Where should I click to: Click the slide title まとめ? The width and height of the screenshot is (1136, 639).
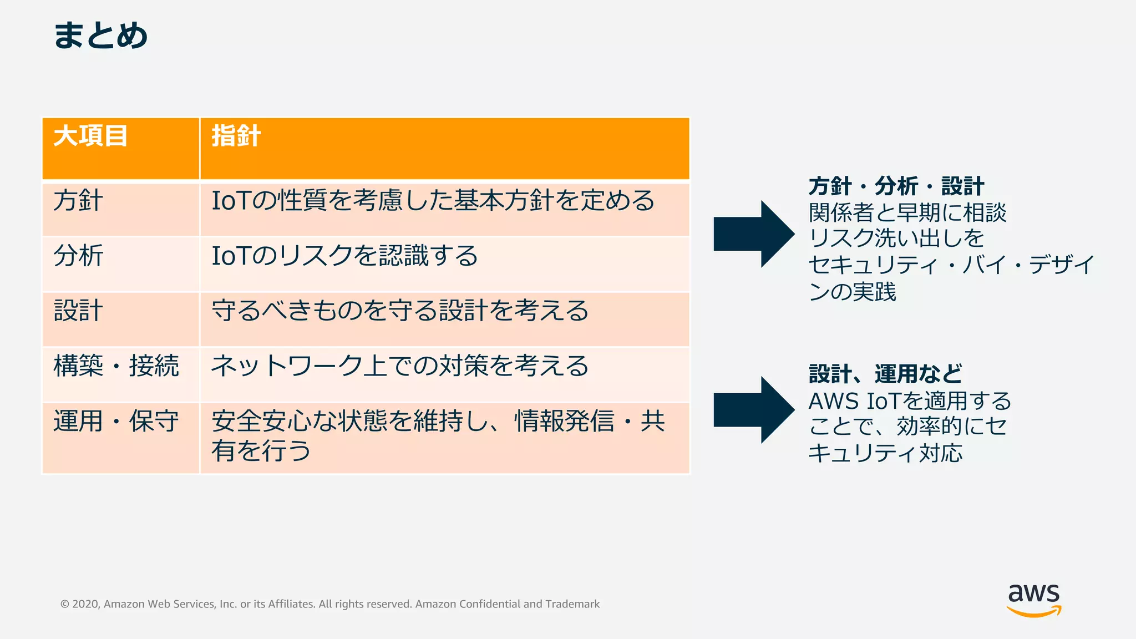(x=100, y=35)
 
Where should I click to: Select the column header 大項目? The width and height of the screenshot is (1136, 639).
(x=90, y=136)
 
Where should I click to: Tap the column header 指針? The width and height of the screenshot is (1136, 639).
(x=236, y=136)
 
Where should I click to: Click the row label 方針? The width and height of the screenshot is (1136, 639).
(x=78, y=201)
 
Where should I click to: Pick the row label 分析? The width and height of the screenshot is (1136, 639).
(x=78, y=256)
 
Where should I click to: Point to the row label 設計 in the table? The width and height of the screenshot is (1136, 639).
(x=78, y=311)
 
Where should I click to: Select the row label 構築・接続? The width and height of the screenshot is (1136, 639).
(x=116, y=366)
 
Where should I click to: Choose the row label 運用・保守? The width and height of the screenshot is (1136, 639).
(x=116, y=422)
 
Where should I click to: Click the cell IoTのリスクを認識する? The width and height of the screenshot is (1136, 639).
(x=344, y=256)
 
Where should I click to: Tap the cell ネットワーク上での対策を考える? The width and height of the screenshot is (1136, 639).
(x=399, y=366)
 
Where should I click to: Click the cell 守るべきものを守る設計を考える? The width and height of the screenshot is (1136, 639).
(x=399, y=311)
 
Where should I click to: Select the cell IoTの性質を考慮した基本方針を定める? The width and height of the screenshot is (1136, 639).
(x=433, y=201)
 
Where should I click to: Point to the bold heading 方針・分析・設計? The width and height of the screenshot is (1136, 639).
(x=896, y=186)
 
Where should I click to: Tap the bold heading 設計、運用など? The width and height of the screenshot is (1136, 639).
(x=885, y=374)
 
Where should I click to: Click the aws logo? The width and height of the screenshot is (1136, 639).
(x=1033, y=599)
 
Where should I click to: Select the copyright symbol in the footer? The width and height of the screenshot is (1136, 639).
(x=65, y=604)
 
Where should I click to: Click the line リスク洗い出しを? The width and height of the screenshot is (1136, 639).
(x=896, y=239)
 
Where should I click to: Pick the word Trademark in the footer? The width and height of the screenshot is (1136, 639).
(x=572, y=604)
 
